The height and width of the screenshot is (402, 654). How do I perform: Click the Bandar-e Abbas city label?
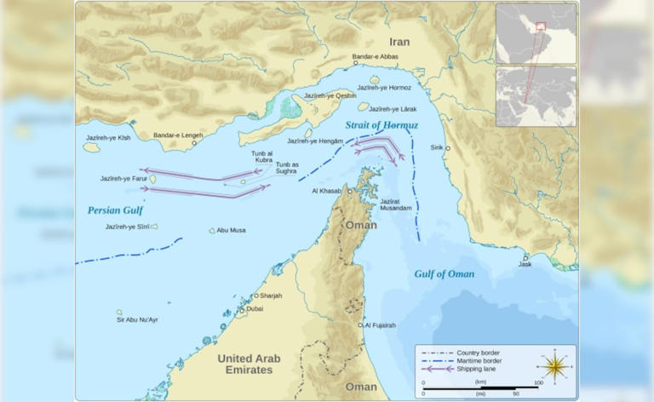coord(375,56)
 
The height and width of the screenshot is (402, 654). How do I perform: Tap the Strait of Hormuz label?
coord(382,126)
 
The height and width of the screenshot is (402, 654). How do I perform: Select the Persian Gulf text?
coord(115,210)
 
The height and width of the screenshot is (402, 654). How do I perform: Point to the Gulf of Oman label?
coord(444,273)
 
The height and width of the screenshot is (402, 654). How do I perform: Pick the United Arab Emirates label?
coord(244,364)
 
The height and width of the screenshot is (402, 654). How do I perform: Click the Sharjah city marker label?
coord(270,296)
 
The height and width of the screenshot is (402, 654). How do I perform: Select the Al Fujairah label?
coord(381,324)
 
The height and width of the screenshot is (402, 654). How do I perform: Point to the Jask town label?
coord(525,265)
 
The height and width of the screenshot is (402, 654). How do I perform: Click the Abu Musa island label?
coord(231,230)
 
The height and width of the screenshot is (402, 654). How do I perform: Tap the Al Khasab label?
coord(327,191)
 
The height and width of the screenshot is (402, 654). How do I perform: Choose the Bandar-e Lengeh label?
coord(178,135)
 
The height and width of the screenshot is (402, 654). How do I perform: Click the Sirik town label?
coord(437,147)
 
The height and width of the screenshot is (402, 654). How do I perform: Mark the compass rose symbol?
coord(554,366)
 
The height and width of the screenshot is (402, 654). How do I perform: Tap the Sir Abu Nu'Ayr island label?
coord(137,319)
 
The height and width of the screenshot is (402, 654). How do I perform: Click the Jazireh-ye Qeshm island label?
coord(333,95)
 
